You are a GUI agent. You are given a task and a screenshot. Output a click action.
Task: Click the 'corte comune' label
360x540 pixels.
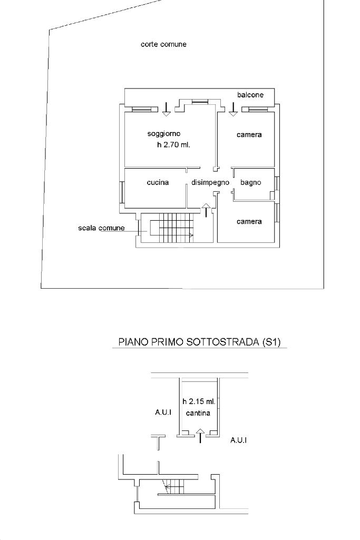pos(163,45)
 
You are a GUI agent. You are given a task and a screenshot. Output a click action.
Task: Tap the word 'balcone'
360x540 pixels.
pos(250,95)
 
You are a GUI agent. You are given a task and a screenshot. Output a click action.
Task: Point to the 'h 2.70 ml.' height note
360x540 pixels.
pos(173,145)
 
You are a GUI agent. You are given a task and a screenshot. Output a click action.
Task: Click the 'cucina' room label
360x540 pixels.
pos(158,183)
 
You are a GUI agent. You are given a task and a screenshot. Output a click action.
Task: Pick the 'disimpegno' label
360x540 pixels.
pos(210,183)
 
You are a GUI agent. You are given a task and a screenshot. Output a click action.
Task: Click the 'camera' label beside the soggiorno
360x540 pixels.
pos(249,135)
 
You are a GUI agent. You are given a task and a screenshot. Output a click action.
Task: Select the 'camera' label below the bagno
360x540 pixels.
pos(249,222)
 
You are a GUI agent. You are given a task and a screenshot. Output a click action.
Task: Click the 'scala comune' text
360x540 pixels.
pos(101,228)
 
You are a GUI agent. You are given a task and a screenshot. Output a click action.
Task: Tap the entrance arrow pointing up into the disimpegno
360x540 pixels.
pos(206,211)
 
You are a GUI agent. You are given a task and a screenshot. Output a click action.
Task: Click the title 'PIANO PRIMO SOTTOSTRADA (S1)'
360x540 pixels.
pos(200,342)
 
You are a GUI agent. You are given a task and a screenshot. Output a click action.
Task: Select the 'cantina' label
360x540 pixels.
pos(198,413)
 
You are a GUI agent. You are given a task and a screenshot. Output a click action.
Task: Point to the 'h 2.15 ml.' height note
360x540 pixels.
pos(199,401)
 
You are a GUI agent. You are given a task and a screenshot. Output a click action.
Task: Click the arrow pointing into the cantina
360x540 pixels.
pos(200,436)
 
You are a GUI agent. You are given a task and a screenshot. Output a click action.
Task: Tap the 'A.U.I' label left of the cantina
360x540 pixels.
pos(163,413)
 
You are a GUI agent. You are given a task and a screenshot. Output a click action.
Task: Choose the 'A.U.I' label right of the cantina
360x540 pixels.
pos(239,439)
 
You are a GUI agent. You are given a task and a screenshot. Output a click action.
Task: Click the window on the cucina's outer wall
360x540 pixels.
pos(122,193)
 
